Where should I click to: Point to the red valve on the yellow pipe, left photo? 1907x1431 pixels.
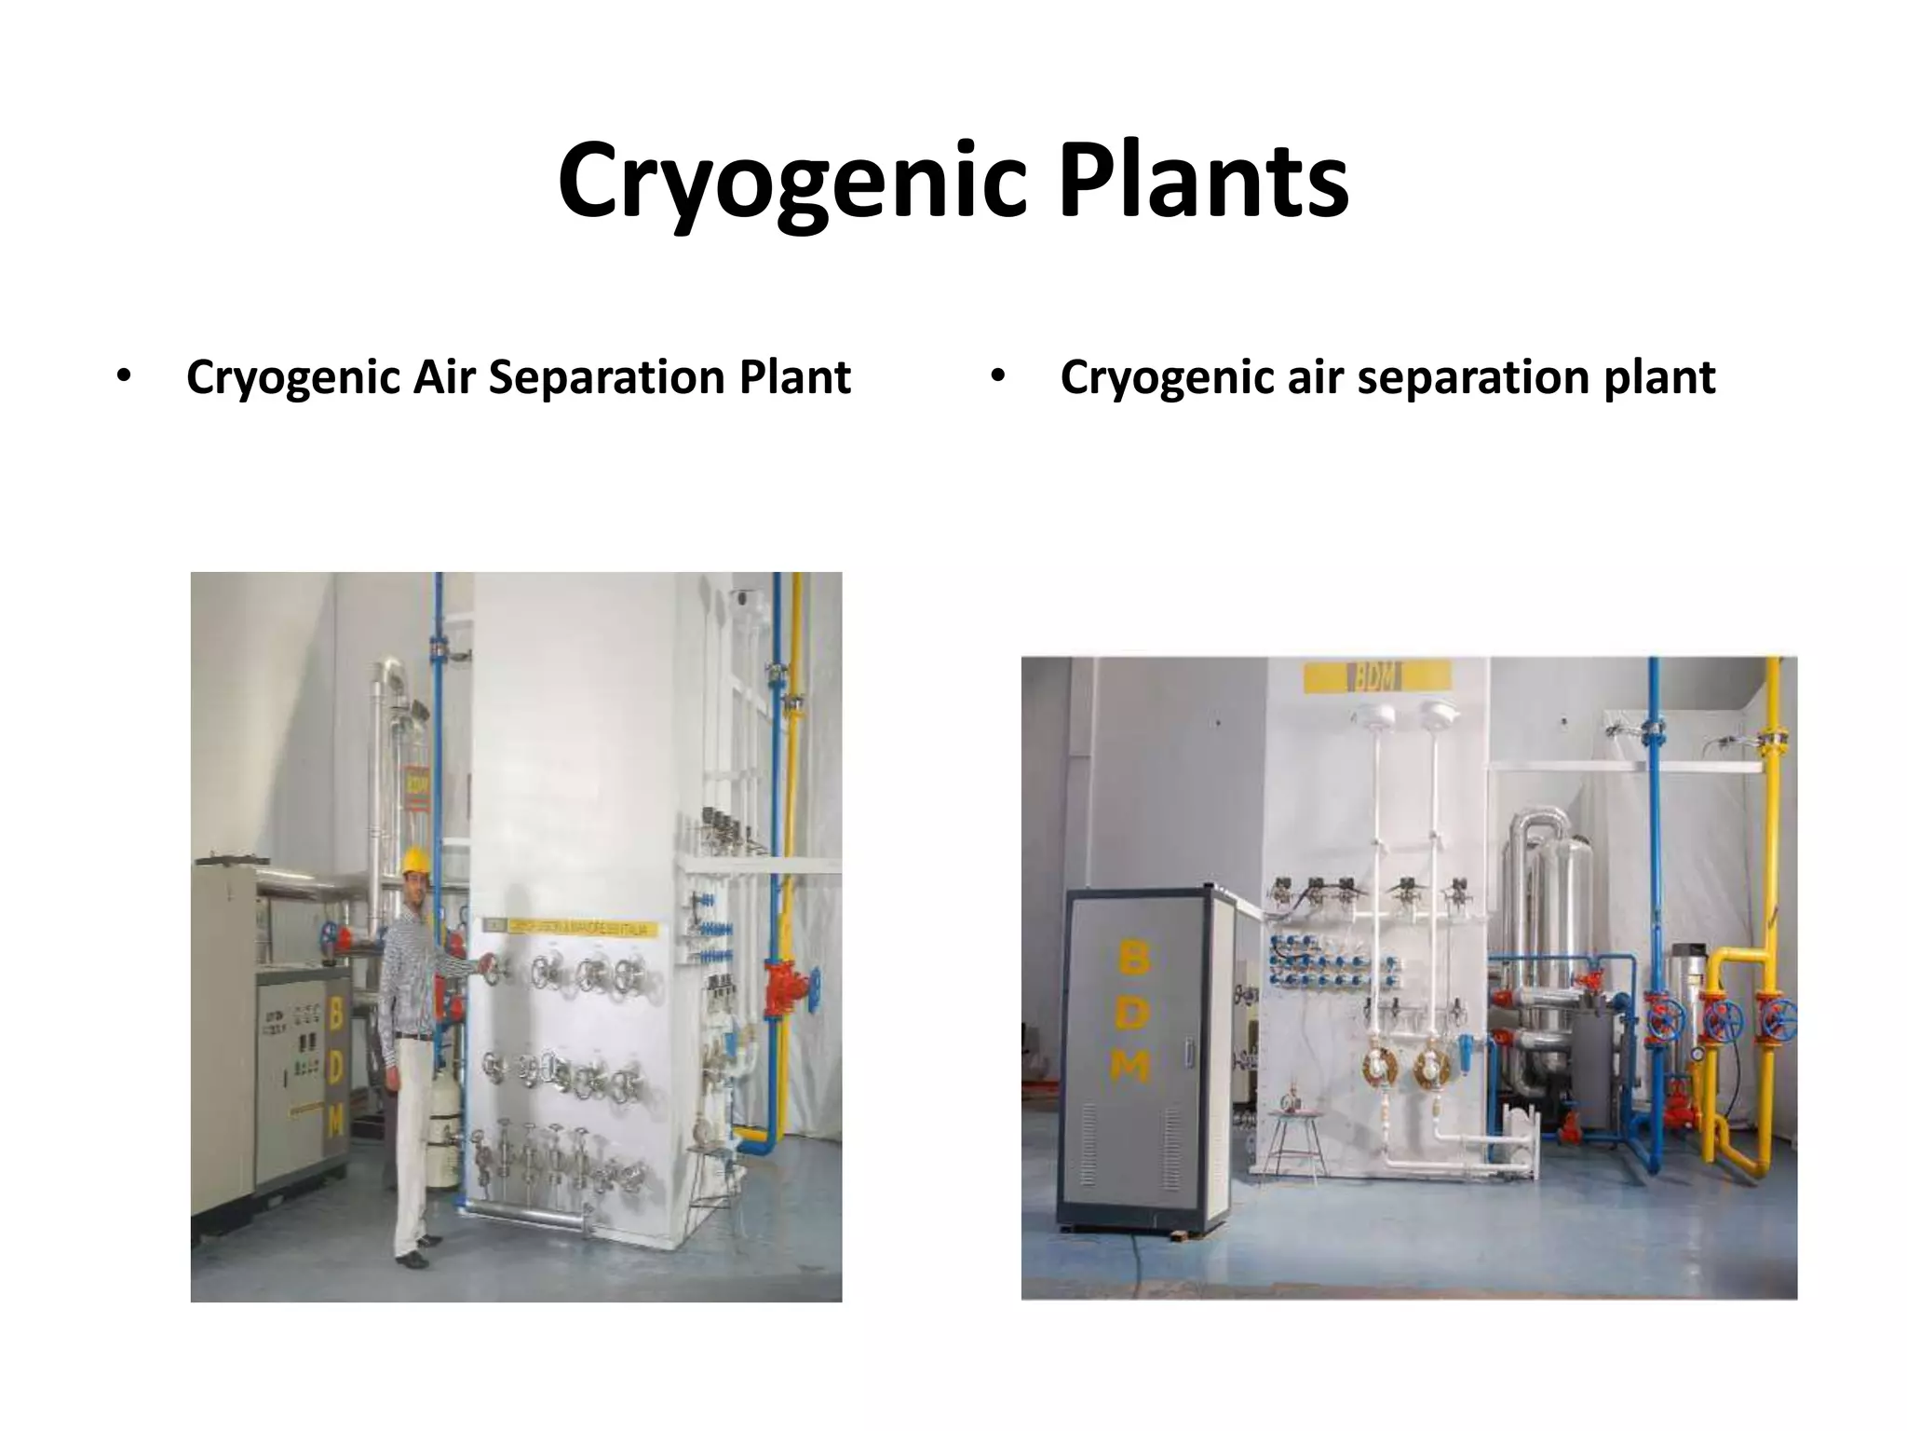coord(779,989)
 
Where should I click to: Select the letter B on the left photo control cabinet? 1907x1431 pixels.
coord(334,1014)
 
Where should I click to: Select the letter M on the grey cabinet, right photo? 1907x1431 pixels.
coord(1129,1068)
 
